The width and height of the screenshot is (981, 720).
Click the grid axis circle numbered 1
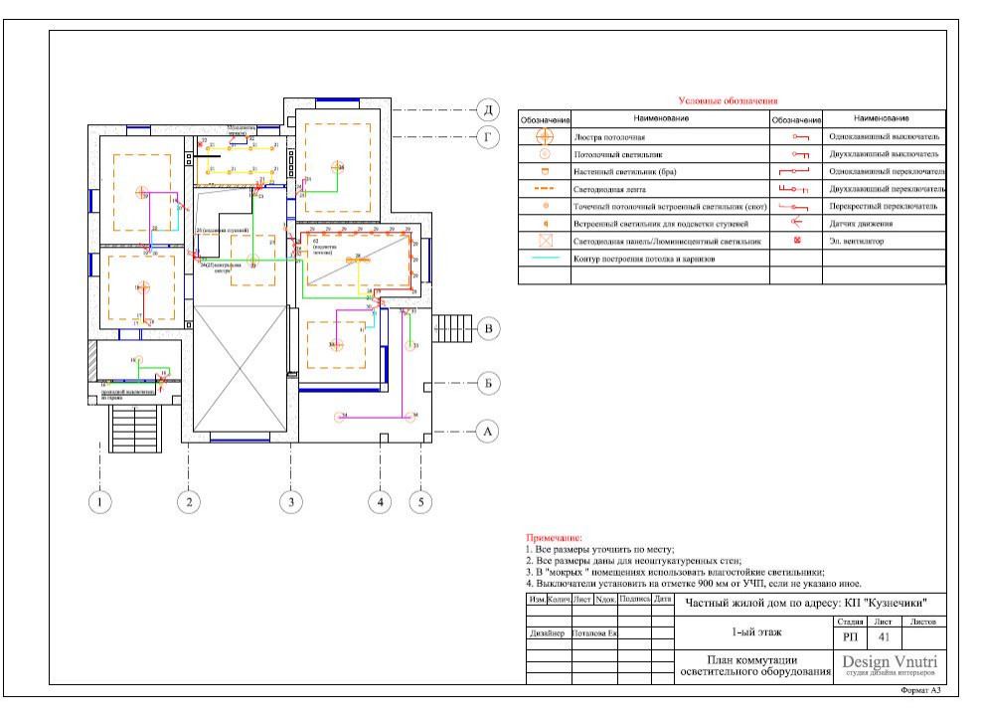[x=99, y=502]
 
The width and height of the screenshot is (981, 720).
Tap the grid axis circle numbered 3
[x=290, y=502]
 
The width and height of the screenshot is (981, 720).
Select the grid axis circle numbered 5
[x=420, y=502]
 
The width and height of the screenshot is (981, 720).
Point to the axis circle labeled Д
[x=487, y=108]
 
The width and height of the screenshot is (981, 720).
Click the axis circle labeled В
[x=487, y=328]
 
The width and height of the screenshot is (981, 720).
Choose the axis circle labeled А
[x=486, y=432]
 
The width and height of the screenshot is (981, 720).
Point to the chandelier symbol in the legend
[x=545, y=136]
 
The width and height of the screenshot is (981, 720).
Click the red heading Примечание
[x=553, y=537]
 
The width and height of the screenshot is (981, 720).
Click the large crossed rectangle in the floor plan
[x=242, y=369]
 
